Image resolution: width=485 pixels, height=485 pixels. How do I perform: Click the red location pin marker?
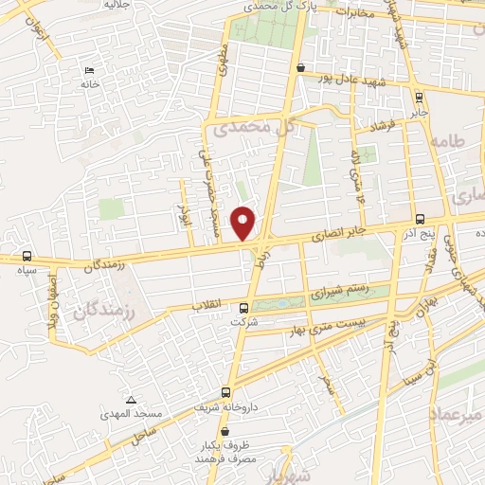[244, 223]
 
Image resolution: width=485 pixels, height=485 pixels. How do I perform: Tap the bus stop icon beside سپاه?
[26, 256]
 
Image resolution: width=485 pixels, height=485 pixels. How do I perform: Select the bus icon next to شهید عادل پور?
[300, 68]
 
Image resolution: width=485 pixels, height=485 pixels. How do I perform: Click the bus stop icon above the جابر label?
[419, 96]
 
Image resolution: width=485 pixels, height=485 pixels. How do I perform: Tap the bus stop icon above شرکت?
[243, 308]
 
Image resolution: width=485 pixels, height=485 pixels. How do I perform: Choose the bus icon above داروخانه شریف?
[225, 391]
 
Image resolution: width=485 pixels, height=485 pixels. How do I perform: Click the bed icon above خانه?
[90, 71]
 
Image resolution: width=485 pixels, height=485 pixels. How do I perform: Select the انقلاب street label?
[207, 305]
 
